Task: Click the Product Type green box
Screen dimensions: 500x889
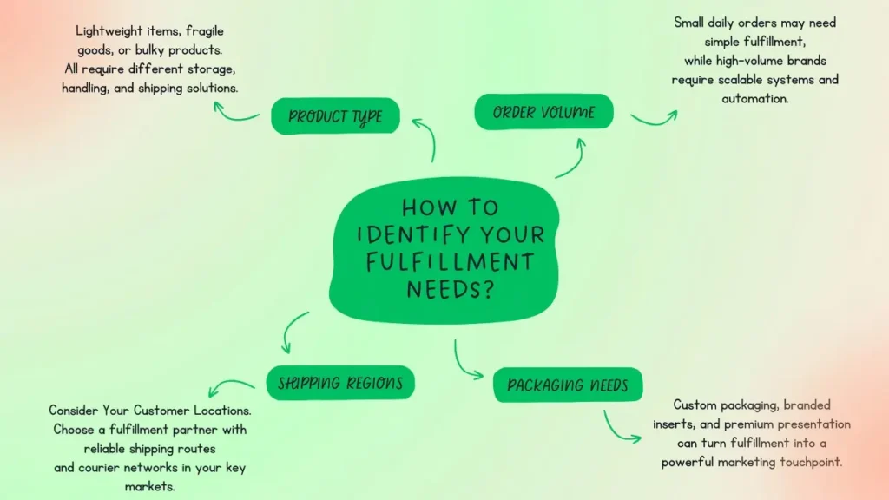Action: click(x=335, y=116)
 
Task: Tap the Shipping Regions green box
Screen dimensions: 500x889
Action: click(x=339, y=383)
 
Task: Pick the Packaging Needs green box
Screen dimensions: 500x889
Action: click(x=568, y=385)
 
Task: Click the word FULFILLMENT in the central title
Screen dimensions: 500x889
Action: click(x=450, y=261)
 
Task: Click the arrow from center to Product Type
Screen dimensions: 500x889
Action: click(x=425, y=139)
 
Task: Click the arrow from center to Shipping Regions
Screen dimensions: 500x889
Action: click(x=296, y=330)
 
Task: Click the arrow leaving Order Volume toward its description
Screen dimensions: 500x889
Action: click(x=653, y=117)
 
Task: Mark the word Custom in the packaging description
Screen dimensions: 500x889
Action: click(x=695, y=405)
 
